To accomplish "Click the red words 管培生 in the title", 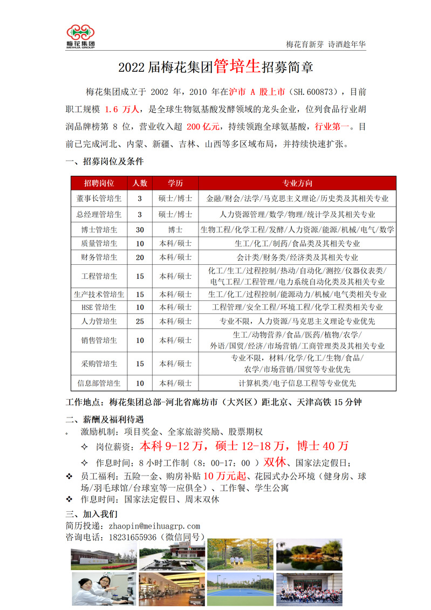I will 237,67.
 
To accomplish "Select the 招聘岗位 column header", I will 99,183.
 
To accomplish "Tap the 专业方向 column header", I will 297,183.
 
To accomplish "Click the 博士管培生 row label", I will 99,229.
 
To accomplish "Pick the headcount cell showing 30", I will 140,229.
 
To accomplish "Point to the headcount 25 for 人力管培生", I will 140,321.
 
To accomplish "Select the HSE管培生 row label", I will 99,307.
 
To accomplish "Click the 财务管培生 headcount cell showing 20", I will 140,257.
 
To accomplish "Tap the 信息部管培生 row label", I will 99,383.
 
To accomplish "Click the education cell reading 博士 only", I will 175,229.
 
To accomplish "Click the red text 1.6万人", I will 124,109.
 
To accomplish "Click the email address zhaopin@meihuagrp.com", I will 154,526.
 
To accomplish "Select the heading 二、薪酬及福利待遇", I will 105,420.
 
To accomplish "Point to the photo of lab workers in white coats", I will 104,589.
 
